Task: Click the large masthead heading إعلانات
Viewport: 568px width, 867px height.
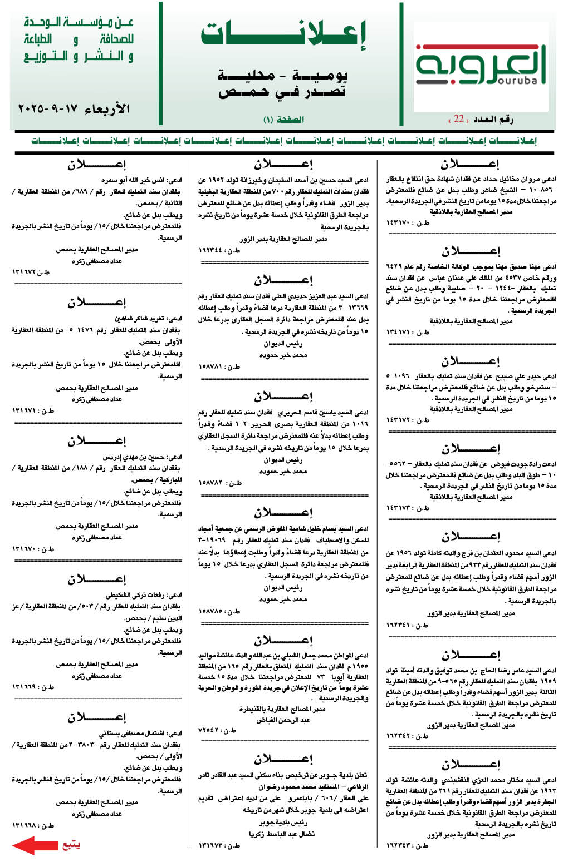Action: click(283, 35)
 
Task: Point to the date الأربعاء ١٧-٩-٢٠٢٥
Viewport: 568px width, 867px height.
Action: click(74, 108)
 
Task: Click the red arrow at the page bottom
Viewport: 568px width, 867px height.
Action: click(35, 845)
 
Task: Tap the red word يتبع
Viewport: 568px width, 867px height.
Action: click(71, 845)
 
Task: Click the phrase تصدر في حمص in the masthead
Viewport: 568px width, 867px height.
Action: click(282, 91)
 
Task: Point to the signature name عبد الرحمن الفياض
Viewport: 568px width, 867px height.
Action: click(283, 720)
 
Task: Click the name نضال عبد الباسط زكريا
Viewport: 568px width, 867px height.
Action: click(283, 834)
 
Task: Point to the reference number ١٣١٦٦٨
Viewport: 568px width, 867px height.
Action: click(33, 825)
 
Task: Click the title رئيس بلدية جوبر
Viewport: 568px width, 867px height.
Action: click(283, 822)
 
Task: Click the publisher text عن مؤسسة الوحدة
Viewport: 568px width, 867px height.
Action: click(79, 23)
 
